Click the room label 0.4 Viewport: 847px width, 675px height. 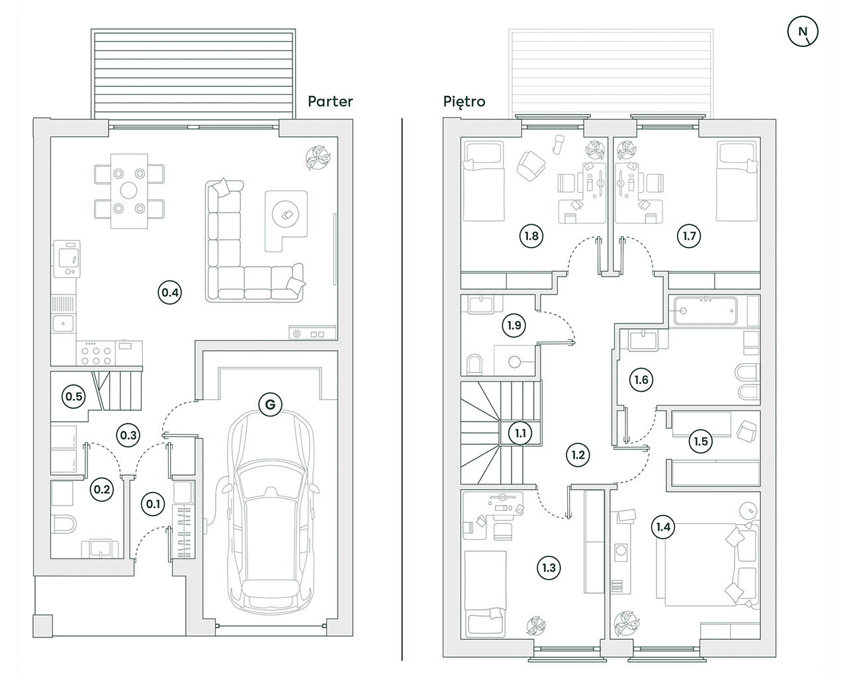(x=170, y=292)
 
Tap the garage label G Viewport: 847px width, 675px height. (x=270, y=404)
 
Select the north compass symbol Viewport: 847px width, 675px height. (x=803, y=31)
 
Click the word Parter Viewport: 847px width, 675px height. (x=330, y=101)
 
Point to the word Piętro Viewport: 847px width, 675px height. (x=464, y=101)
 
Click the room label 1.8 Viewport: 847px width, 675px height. (x=531, y=236)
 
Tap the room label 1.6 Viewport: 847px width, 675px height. (x=641, y=380)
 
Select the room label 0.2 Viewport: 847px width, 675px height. (x=102, y=490)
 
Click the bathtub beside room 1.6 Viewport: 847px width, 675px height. (x=705, y=309)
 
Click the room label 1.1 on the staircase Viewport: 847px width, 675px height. (x=521, y=433)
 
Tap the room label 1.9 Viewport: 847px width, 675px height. (x=514, y=325)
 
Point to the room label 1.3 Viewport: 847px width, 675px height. (x=549, y=567)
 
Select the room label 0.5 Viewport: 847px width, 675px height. (x=73, y=396)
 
